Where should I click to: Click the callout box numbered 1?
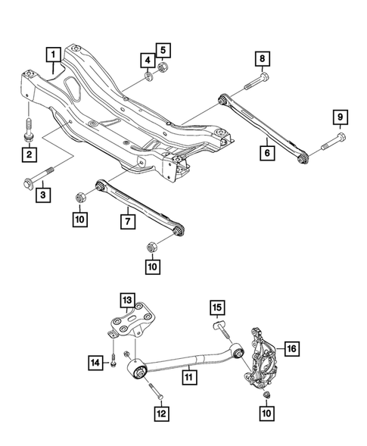click(x=53, y=54)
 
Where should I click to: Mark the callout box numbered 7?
click(x=128, y=221)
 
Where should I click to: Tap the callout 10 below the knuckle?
click(x=267, y=414)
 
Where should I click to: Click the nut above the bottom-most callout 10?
click(x=266, y=396)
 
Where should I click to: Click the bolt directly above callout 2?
click(x=29, y=130)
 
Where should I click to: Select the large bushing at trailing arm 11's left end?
click(x=139, y=370)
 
